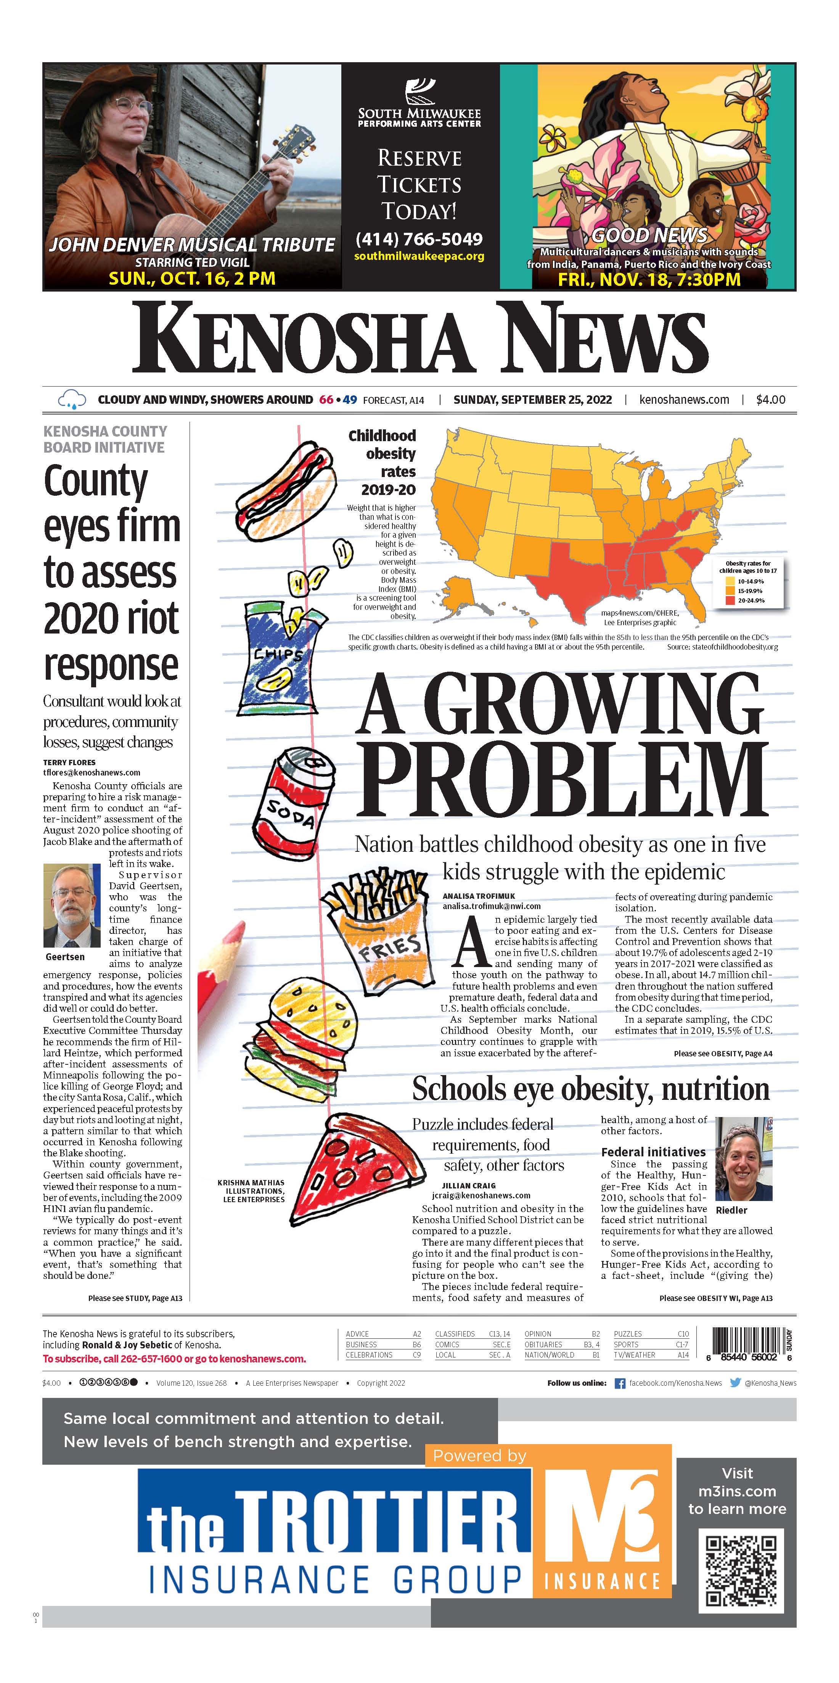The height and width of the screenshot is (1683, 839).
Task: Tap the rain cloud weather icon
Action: click(71, 399)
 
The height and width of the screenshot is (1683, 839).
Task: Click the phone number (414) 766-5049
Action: click(418, 239)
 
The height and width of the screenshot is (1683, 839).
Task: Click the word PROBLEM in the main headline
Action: click(561, 782)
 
